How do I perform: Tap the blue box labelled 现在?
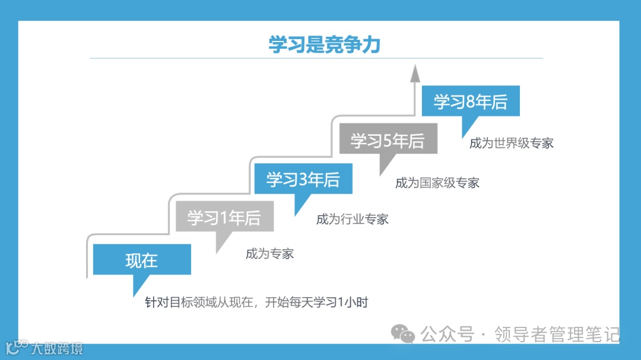141,260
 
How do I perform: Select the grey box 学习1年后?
224,217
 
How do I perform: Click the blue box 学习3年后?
303,179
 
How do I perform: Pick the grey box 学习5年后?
388,141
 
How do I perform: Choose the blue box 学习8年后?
471,102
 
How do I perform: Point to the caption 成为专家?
269,254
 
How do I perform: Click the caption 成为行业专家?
352,219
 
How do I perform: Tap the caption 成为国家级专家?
437,183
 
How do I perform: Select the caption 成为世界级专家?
511,143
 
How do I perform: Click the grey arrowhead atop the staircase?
415,74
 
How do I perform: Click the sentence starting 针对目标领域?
257,302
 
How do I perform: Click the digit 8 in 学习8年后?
471,102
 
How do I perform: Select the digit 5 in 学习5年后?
388,141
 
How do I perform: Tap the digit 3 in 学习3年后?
303,180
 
